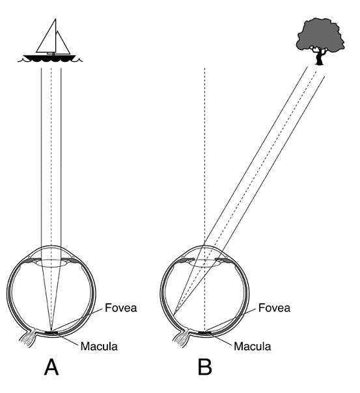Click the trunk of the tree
(x=319, y=58)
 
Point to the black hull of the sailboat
(x=49, y=58)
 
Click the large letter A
(x=51, y=367)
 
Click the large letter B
(x=205, y=367)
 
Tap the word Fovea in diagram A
(x=121, y=308)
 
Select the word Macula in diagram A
(x=99, y=346)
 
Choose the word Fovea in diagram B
(x=274, y=308)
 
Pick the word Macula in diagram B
(x=253, y=346)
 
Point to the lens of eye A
(x=51, y=263)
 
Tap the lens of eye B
(x=204, y=263)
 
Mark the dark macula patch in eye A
(x=51, y=333)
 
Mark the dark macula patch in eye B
(x=205, y=333)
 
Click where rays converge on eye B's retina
(x=173, y=314)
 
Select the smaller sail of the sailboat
(x=63, y=42)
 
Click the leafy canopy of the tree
(x=320, y=35)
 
